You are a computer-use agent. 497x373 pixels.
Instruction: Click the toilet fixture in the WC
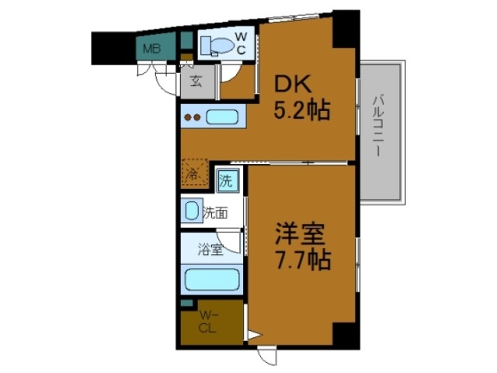pos(216,46)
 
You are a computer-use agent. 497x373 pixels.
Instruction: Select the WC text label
pos(242,44)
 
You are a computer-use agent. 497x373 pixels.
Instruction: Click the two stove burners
pos(193,118)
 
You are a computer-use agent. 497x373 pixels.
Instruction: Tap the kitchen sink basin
pos(223,118)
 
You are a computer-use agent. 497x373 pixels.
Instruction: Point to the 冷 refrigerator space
pos(194,173)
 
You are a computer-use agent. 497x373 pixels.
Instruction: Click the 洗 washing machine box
pos(225,182)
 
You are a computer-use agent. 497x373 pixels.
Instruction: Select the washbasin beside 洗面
pos(190,211)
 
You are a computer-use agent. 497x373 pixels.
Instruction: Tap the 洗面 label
pos(215,211)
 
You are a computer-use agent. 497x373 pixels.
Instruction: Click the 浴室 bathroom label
pos(210,250)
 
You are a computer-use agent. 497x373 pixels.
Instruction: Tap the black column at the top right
pos(344,28)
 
